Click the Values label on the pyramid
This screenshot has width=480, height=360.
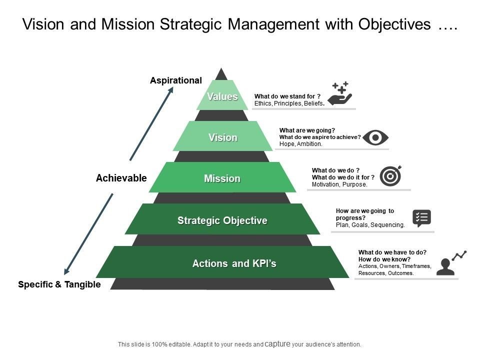222,96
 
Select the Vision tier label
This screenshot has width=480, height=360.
223,137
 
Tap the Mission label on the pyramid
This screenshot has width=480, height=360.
222,178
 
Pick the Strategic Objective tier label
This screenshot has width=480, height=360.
222,220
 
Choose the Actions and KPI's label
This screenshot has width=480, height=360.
234,263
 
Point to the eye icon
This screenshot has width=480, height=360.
375,137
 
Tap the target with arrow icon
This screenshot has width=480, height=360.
390,175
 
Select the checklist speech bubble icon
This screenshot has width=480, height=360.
421,218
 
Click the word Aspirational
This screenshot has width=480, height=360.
176,80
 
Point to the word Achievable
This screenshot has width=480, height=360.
121,178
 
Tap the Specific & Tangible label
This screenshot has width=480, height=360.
59,284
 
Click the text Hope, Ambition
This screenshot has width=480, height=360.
301,144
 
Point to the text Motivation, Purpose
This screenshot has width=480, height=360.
339,184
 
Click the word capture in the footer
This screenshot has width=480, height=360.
278,344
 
